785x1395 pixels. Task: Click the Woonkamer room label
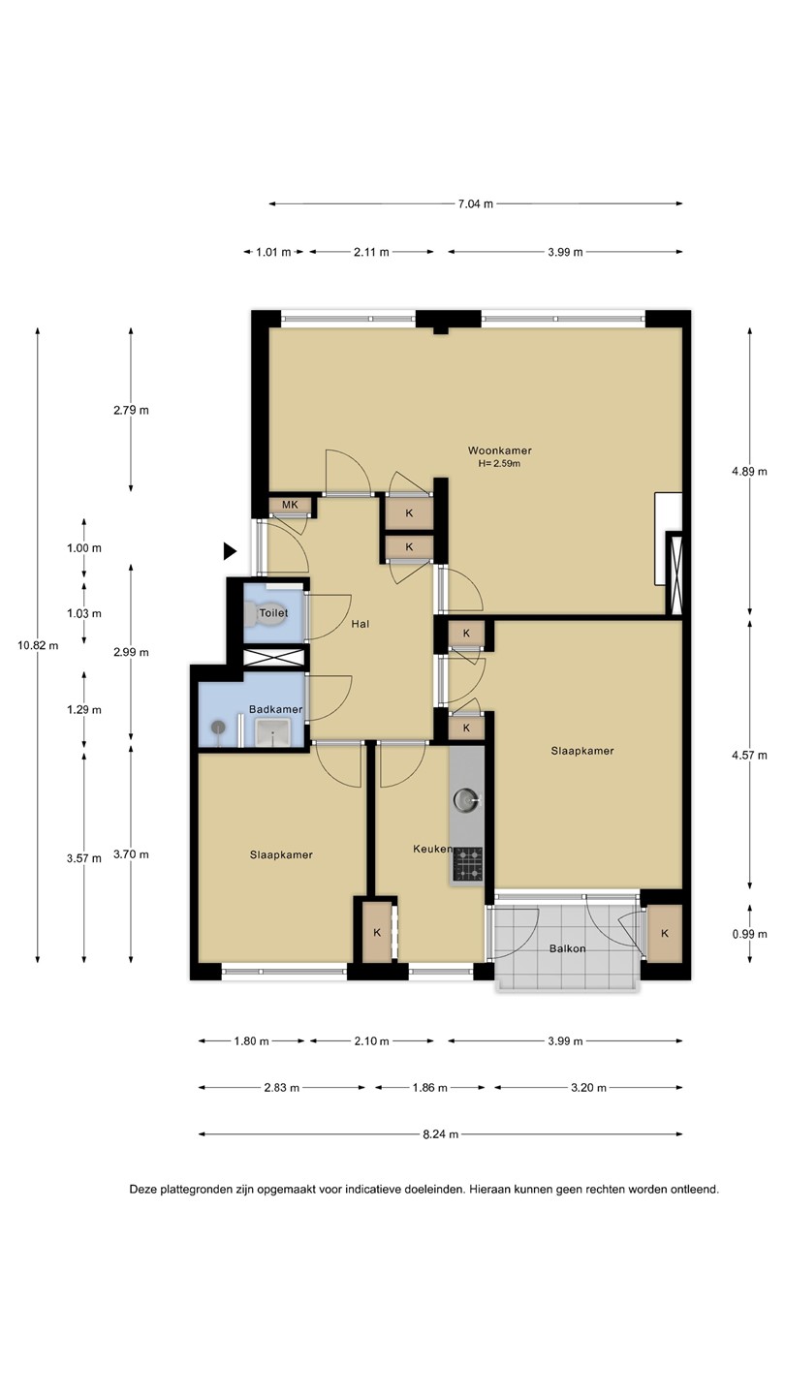(x=500, y=450)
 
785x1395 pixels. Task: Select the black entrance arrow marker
(x=230, y=551)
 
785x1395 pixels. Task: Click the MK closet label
(x=290, y=505)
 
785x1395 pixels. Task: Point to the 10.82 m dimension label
(x=38, y=645)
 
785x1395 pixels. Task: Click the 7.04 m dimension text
(x=475, y=203)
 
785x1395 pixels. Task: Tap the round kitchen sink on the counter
(x=465, y=798)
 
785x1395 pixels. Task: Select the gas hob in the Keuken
(x=468, y=863)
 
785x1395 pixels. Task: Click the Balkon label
(x=567, y=948)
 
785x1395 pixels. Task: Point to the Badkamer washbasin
(x=273, y=731)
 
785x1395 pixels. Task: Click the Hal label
(x=361, y=624)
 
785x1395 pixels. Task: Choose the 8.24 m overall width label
(x=440, y=1134)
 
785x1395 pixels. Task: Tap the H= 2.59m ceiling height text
(x=499, y=463)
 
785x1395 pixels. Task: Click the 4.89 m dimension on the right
(x=749, y=472)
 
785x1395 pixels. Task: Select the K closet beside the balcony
(x=665, y=933)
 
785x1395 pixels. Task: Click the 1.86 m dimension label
(x=430, y=1087)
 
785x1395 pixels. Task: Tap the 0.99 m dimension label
(x=749, y=934)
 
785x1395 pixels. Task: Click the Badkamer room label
(x=275, y=709)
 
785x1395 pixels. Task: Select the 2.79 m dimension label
(x=131, y=411)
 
